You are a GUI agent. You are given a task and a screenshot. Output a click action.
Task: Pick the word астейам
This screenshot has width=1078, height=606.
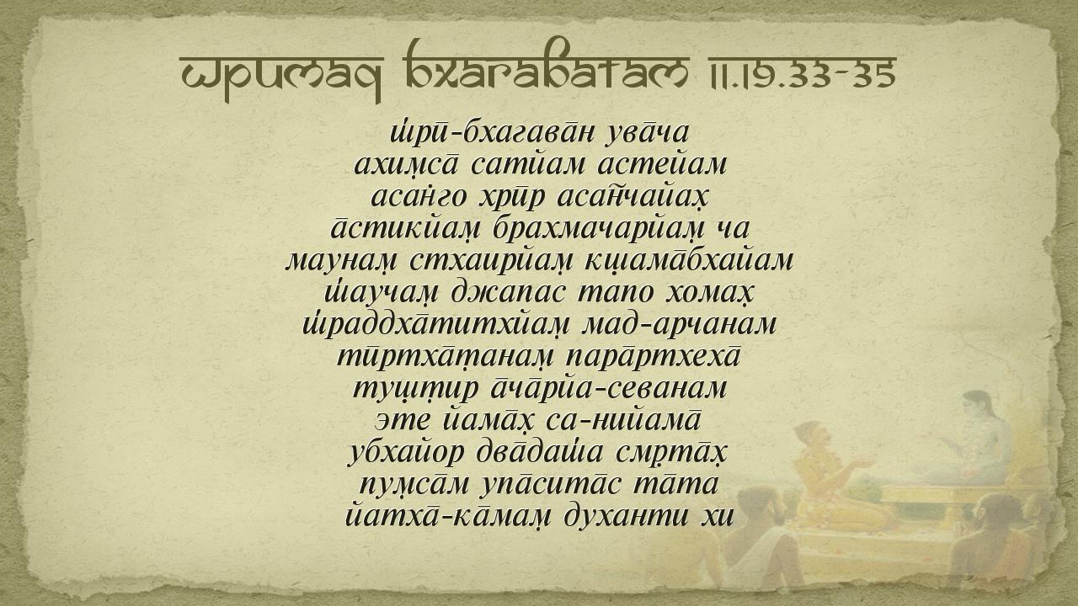662,165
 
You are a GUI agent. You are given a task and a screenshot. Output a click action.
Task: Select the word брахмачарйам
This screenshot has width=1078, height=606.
598,229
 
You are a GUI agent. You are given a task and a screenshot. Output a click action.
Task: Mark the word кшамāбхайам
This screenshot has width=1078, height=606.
688,261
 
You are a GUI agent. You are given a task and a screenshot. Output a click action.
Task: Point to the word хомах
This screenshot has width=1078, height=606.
708,293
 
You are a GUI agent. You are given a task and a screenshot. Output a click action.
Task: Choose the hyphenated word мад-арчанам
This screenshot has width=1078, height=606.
679,325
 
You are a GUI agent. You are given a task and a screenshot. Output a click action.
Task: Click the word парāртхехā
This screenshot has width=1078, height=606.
653,357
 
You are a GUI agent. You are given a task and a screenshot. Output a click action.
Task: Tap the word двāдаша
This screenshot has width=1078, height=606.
540,453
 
